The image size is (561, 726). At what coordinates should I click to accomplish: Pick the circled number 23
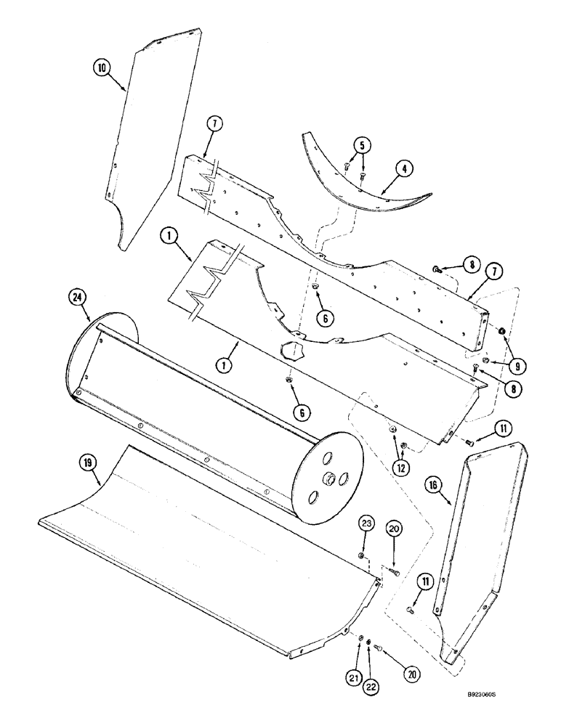pyautogui.click(x=367, y=524)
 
